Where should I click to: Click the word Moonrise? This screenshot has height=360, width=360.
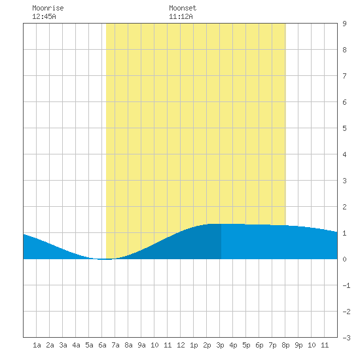click(x=48, y=8)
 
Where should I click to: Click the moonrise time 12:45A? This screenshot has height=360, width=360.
click(x=44, y=16)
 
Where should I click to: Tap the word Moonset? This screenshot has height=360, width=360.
click(x=183, y=8)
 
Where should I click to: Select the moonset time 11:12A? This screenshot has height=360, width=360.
click(x=181, y=16)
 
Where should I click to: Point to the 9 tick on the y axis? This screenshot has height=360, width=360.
click(x=344, y=24)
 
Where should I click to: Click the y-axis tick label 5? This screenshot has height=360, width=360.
click(x=344, y=128)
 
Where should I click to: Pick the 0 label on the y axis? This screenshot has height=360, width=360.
click(x=344, y=259)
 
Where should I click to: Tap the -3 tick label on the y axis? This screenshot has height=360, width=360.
click(x=346, y=338)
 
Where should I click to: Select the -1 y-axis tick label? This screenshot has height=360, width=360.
click(x=346, y=285)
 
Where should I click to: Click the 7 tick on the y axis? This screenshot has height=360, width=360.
click(x=344, y=76)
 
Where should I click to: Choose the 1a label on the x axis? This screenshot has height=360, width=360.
click(x=37, y=345)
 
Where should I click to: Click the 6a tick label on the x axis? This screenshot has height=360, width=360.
click(x=102, y=345)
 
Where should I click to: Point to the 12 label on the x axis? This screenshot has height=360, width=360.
click(x=181, y=345)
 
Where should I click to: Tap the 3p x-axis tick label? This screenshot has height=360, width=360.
click(x=220, y=345)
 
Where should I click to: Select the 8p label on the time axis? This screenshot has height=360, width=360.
click(x=285, y=345)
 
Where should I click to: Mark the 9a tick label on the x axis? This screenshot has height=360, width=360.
click(x=141, y=345)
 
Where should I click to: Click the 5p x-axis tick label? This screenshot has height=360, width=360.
click(x=246, y=345)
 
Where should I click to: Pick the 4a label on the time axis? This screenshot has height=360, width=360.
click(x=76, y=345)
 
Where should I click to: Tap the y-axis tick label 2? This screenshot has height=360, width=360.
click(x=344, y=207)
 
